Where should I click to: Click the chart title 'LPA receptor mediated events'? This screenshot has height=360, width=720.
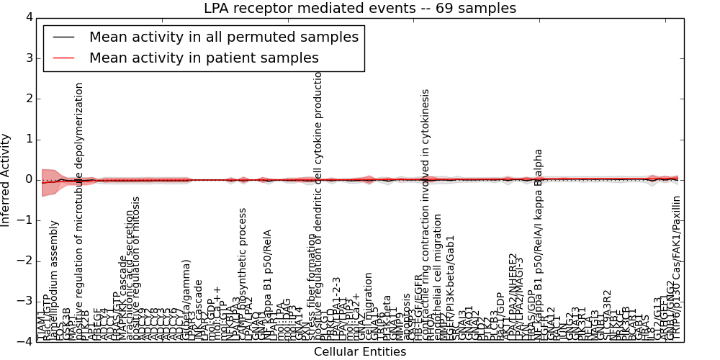coord(360,9)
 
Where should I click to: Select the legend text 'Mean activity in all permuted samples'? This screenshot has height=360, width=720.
coord(223,37)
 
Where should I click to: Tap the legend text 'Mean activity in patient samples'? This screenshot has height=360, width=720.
coord(204,58)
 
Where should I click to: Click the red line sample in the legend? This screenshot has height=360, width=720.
coord(63,58)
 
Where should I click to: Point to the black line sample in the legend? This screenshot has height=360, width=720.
coord(63,37)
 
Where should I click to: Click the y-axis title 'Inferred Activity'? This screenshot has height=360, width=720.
coord(6,180)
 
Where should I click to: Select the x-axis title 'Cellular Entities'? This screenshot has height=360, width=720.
coord(360,352)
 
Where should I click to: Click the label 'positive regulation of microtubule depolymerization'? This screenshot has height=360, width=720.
coord(80,211)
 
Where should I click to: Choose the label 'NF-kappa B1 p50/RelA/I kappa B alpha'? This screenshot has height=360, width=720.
coord(539,245)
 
